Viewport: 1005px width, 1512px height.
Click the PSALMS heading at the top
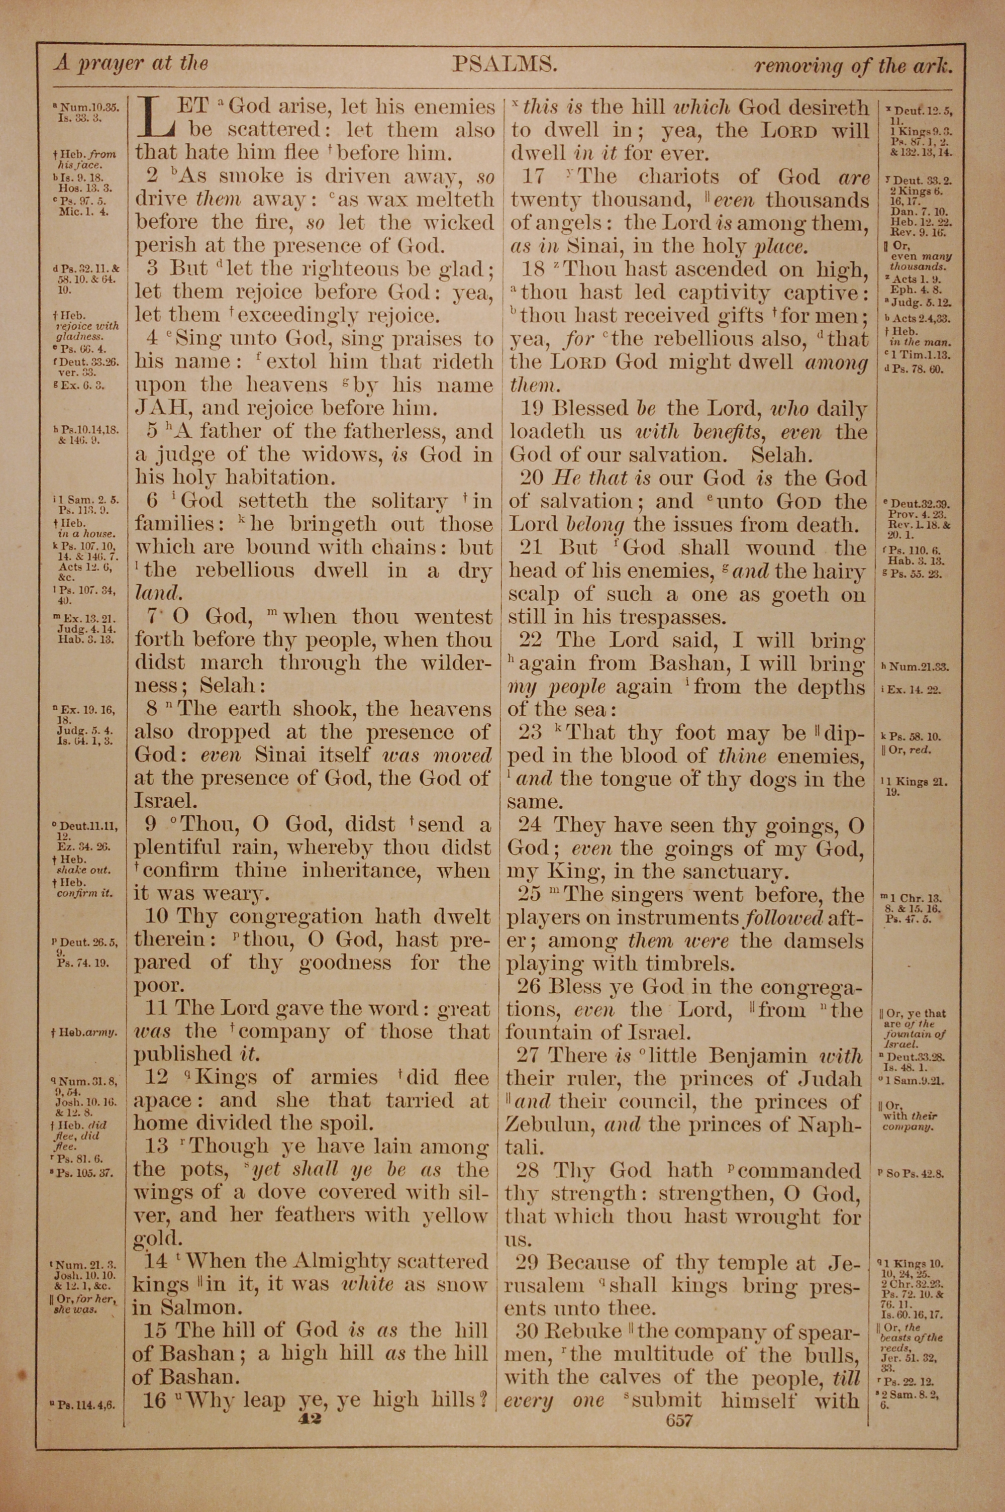pos(502,64)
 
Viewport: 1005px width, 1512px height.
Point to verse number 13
pos(156,1146)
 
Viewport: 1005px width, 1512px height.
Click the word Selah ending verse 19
pos(781,455)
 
